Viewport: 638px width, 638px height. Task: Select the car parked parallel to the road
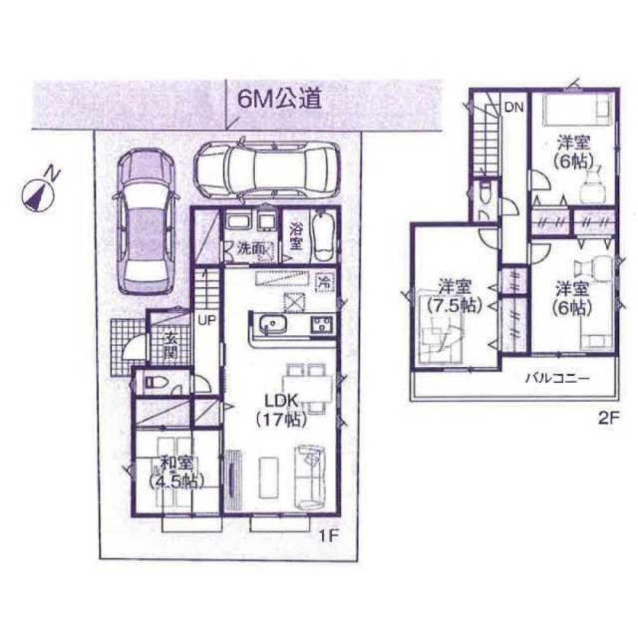[x=267, y=168]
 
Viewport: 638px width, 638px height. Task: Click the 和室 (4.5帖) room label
[x=173, y=470]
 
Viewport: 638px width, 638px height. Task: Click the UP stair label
[x=206, y=321]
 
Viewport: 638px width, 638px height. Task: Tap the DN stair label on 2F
[x=514, y=107]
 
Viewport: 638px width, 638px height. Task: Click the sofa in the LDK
[x=311, y=476]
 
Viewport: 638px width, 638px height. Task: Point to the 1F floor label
[x=327, y=537]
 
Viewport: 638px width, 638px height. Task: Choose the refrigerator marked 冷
[x=324, y=280]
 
